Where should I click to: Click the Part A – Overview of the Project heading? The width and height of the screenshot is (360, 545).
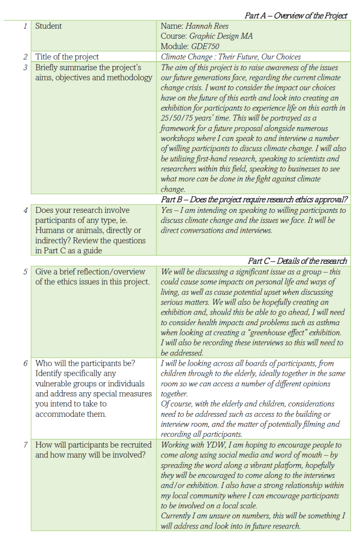[296, 15]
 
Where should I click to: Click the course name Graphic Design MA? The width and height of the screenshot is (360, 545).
[221, 36]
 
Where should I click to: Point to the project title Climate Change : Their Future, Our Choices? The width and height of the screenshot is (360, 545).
[231, 57]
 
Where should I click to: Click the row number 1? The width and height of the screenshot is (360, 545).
[26, 26]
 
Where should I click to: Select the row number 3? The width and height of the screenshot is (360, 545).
[26, 68]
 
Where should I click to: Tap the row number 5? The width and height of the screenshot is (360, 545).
[26, 271]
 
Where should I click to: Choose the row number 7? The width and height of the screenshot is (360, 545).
[26, 445]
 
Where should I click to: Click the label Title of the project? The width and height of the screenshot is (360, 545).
[67, 57]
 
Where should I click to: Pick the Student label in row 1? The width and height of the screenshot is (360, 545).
[48, 26]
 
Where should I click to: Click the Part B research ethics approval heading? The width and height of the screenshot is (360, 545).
[254, 200]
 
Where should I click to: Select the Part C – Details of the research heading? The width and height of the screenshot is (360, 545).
[297, 261]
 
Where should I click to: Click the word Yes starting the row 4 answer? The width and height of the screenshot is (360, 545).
[167, 210]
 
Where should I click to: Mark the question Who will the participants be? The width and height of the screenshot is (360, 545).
[85, 364]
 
